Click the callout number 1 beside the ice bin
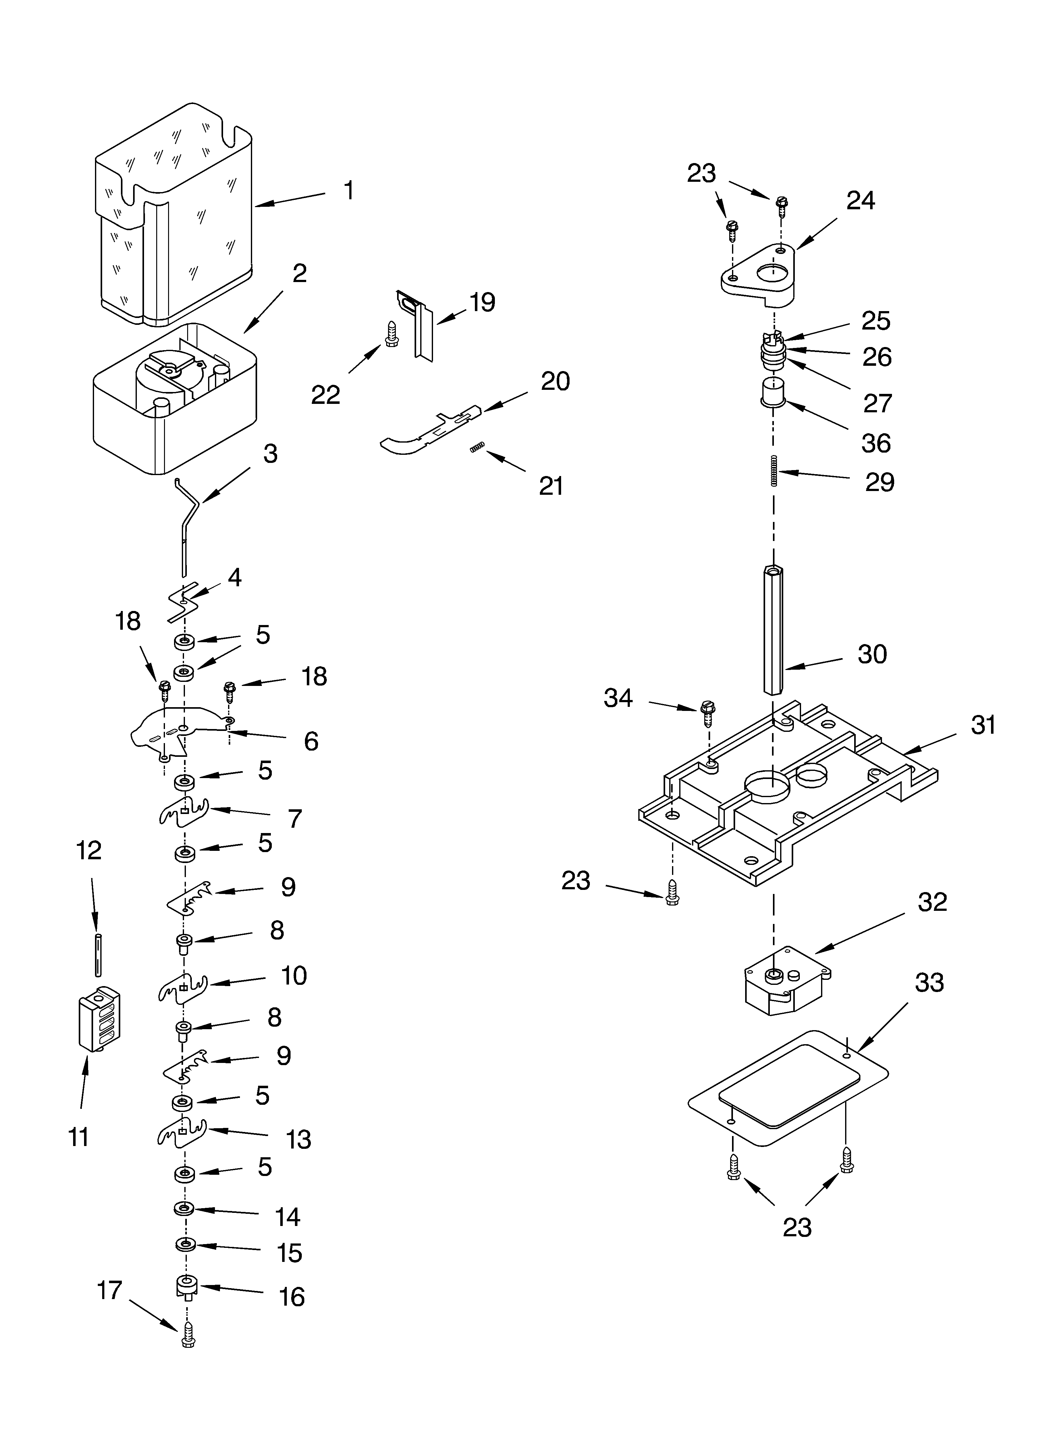click(348, 190)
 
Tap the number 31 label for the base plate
click(983, 725)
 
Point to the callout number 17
click(110, 1291)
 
